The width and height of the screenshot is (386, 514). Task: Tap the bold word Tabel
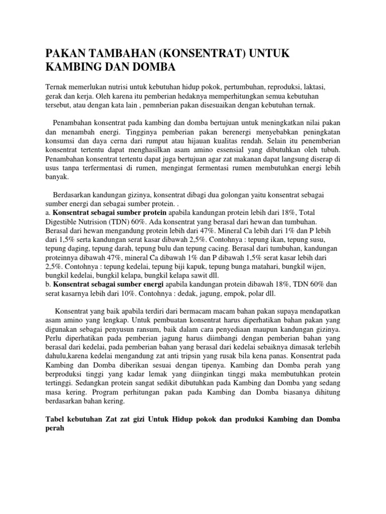click(x=56, y=421)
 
